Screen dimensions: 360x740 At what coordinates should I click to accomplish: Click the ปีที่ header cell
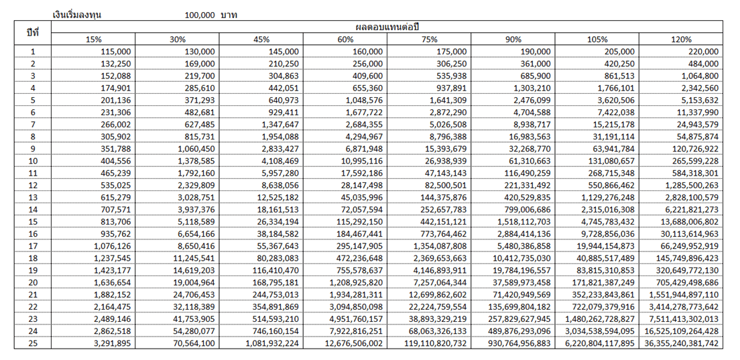32,33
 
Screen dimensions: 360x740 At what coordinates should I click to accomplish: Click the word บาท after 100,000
229,14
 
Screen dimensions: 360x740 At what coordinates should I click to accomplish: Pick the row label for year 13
32,196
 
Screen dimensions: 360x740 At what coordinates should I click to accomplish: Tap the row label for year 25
32,343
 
